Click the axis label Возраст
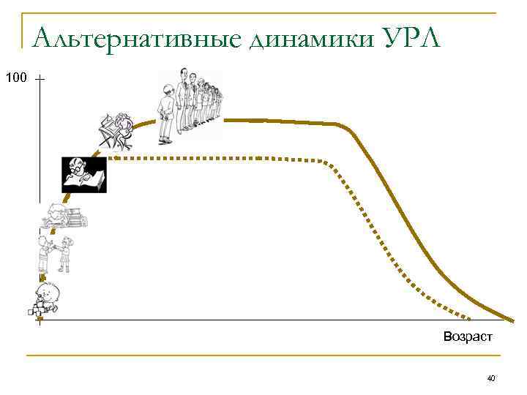click(468, 336)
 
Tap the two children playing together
click(55, 252)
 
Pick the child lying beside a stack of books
click(64, 215)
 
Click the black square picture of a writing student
click(84, 175)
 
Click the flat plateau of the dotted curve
click(220, 158)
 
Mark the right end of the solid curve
click(512, 319)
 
